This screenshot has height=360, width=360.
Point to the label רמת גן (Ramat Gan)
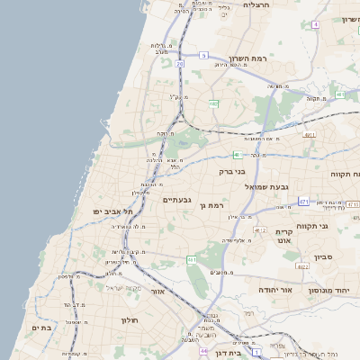(x=212, y=206)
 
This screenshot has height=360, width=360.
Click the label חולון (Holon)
(x=127, y=319)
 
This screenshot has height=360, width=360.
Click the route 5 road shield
(x=204, y=55)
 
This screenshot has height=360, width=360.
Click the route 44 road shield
(x=204, y=351)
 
